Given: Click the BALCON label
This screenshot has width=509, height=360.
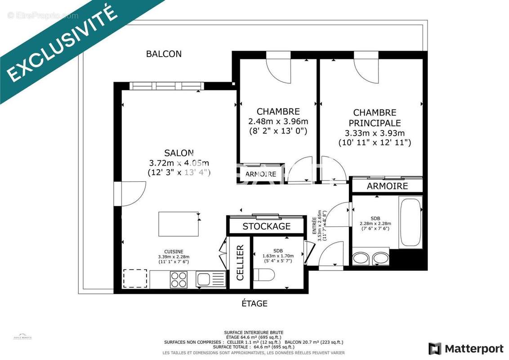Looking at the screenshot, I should coord(164,54).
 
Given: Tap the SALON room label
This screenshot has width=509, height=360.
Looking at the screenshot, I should coord(179,153).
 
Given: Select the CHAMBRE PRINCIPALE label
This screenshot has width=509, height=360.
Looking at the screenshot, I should coord(375,117).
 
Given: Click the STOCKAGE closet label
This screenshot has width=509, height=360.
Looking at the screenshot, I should coord(267,226).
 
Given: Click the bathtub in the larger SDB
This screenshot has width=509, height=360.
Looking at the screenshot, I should coord(410,222).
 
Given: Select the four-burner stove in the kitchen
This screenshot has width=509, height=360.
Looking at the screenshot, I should coord(179,279).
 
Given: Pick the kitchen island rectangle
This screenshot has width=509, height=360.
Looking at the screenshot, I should coord(179,224).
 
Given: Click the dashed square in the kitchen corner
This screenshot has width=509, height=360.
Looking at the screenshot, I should coord(135,279).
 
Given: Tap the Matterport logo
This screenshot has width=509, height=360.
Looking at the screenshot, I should coord(466,349).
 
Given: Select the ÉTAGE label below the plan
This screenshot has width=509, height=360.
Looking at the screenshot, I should coord(254,304).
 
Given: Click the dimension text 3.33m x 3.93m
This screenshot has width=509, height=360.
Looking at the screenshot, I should coord(375,133).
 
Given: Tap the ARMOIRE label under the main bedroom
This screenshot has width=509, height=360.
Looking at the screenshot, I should coord(387,186).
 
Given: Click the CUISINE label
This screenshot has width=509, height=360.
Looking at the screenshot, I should coord(173,252).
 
